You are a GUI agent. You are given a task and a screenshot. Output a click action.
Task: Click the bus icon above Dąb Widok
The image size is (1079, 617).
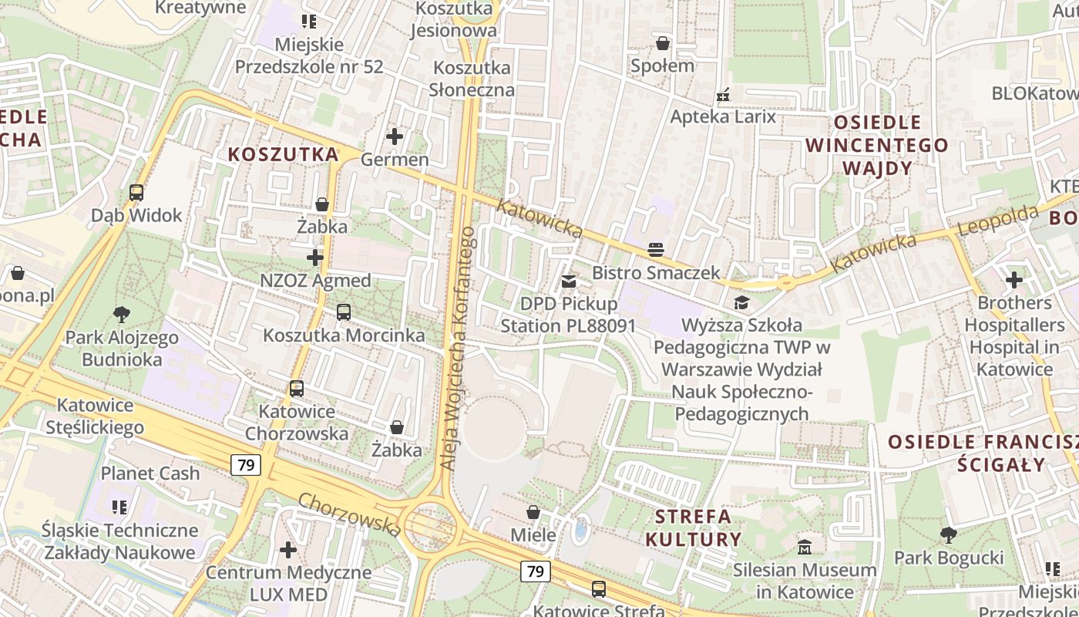click(x=136, y=193)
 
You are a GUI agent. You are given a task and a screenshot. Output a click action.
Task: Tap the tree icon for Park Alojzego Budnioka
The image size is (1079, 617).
click(x=121, y=314)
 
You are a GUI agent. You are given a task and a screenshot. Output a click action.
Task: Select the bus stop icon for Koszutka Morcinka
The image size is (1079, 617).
click(x=344, y=312)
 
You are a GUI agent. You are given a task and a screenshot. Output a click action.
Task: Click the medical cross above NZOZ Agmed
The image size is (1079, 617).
click(x=315, y=257)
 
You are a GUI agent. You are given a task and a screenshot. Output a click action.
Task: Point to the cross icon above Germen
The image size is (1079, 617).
click(x=395, y=137)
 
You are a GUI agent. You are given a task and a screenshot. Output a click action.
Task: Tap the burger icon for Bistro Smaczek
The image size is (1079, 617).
click(x=656, y=249)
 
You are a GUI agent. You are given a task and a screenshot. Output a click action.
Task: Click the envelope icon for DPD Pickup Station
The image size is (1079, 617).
click(x=569, y=282)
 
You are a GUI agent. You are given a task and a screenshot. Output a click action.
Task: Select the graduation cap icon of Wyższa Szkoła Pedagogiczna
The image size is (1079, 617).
click(x=741, y=302)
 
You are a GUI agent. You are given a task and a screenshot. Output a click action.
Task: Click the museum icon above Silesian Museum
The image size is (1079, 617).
click(x=805, y=548)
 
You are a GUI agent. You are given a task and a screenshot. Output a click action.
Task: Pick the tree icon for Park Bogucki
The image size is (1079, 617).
click(x=949, y=534)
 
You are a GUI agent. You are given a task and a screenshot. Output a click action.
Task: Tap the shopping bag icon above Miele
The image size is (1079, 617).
click(x=533, y=512)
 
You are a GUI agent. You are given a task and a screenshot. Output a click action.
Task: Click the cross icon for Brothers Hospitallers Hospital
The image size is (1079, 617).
click(x=1014, y=280)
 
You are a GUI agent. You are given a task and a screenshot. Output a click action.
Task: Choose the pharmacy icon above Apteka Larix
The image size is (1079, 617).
click(x=723, y=95)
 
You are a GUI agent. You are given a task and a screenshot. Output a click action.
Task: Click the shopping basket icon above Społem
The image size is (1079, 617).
click(x=662, y=43)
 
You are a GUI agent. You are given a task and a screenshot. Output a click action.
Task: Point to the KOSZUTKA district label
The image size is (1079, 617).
click(x=283, y=154)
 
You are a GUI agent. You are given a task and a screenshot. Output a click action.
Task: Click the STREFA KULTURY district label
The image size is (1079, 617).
click(x=693, y=528)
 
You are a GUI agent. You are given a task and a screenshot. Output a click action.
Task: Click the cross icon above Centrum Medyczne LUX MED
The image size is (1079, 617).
click(x=288, y=550)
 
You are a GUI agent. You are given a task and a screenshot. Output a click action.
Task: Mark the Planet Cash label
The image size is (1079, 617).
click(x=150, y=474)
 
